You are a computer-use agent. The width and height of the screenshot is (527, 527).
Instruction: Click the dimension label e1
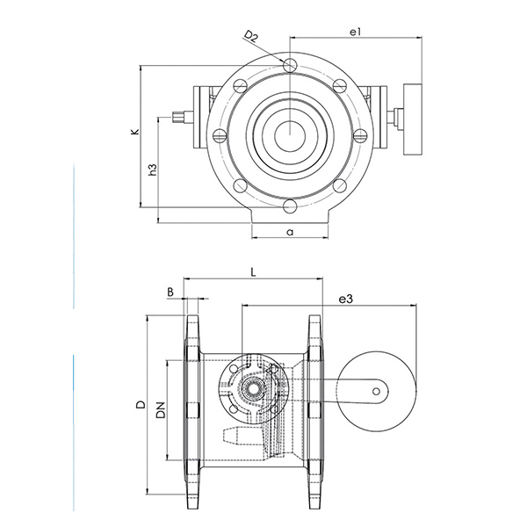[x=355, y=32]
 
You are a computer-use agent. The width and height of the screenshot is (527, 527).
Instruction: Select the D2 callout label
[x=251, y=36]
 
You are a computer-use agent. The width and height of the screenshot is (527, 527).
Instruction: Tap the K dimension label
[x=135, y=132]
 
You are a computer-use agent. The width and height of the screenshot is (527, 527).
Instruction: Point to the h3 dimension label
[x=153, y=170]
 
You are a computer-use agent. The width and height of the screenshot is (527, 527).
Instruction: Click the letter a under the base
[x=290, y=232]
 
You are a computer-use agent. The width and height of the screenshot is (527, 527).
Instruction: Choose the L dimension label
[x=254, y=272]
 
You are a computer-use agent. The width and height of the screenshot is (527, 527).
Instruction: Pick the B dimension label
[x=170, y=292]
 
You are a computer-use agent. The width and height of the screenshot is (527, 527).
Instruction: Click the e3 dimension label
[x=346, y=299]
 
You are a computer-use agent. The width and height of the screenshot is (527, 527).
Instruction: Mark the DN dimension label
[x=161, y=409]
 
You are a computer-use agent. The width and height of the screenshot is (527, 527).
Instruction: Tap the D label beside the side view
[x=141, y=404]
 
